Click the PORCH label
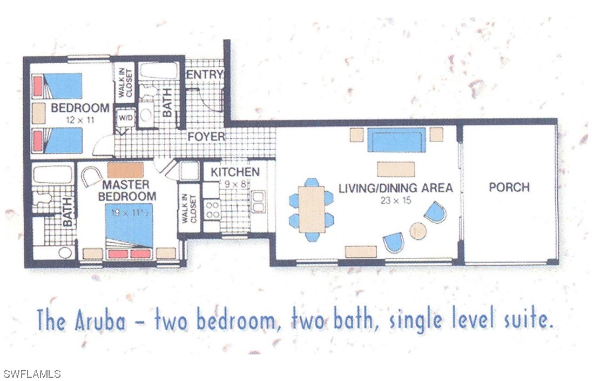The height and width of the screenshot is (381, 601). coord(509,187)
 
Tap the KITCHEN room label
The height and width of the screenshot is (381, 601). coord(235,172)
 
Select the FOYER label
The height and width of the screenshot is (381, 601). coord(206,136)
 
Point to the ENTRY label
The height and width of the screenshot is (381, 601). coord(204,75)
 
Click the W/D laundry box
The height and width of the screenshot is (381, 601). coord(125,118)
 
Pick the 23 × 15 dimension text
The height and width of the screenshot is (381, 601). coord(395,200)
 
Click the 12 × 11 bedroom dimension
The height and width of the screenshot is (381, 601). coord(80,120)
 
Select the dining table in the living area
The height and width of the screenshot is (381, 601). coord(312,209)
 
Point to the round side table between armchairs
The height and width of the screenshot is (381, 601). coord(418,231)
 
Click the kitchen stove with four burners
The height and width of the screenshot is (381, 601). coord(212,210)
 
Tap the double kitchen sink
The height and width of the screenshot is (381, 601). coord(258,202)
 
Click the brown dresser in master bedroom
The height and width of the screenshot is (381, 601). coord(125,170)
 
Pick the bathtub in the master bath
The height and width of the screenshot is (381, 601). coord(52,175)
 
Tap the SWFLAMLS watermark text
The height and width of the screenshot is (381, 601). coord(31,374)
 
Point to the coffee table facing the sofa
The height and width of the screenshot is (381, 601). coord(396,169)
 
